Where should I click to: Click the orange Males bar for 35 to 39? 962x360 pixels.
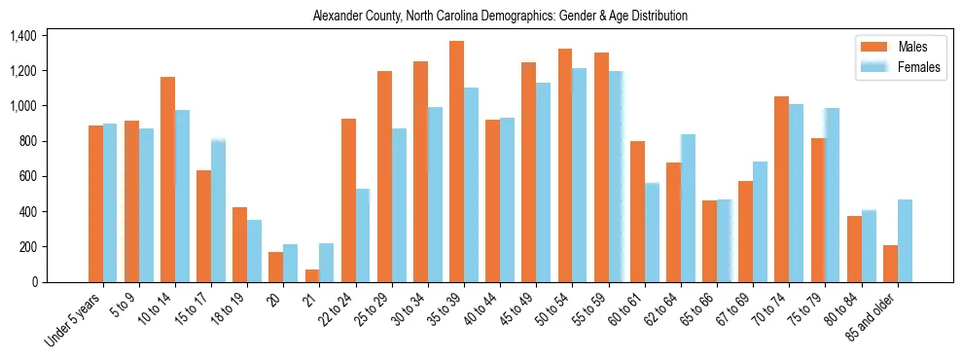[456, 162]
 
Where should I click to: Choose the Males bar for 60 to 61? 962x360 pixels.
[637, 211]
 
